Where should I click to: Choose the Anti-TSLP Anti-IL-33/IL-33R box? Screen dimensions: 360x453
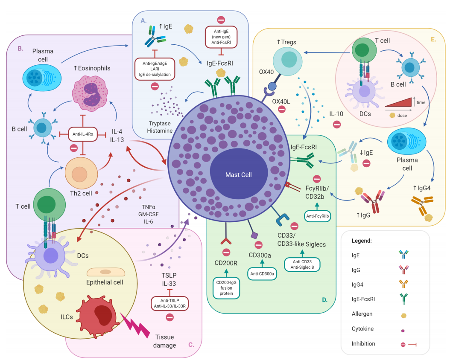click(170, 303)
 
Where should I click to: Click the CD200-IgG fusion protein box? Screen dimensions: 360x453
click(226, 288)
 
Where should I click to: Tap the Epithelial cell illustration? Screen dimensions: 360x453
click(105, 273)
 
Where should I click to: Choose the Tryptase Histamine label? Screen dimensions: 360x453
click(161, 127)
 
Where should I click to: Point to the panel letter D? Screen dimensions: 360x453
click(324, 300)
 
